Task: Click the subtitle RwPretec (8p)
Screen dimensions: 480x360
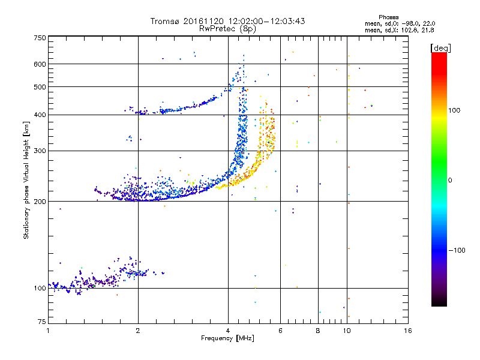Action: pos(227,29)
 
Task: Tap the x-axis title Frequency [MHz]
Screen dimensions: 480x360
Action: pos(227,338)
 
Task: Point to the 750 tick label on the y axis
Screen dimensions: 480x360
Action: pos(40,38)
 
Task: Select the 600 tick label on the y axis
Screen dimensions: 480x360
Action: pos(40,64)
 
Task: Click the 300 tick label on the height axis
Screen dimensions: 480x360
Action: pos(40,151)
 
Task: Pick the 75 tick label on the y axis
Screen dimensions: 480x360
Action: pos(42,322)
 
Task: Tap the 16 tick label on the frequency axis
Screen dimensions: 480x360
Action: pos(407,331)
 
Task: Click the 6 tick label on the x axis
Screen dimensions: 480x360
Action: pos(280,331)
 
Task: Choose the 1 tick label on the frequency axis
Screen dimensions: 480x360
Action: pos(48,331)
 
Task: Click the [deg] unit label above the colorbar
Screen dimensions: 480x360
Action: pos(440,48)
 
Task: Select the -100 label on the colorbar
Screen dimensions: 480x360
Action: pos(457,250)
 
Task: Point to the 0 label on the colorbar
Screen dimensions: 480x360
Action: pos(450,180)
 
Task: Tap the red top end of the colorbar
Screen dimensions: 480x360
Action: pos(439,55)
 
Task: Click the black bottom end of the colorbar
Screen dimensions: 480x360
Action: pos(439,304)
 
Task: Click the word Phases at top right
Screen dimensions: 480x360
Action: pos(388,17)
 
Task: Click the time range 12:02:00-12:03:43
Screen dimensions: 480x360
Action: pos(266,21)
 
